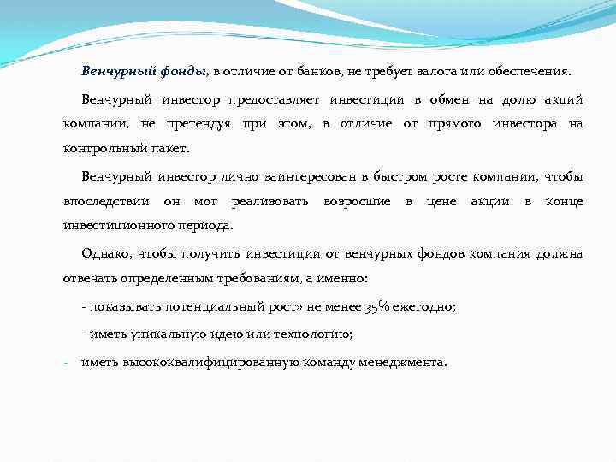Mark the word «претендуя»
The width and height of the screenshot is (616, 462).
[204, 123]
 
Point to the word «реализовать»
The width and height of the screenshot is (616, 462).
[268, 201]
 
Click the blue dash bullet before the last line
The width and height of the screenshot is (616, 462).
[66, 361]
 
